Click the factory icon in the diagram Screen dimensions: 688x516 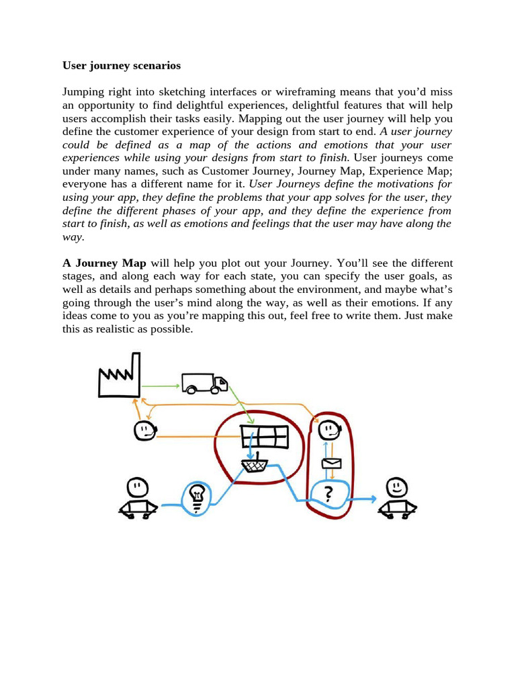coord(118,376)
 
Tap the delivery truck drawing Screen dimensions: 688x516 coord(204,384)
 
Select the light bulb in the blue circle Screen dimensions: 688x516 coord(198,497)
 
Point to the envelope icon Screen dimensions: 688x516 coord(331,464)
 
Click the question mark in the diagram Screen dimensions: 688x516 coord(328,495)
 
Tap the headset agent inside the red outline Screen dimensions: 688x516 coord(327,429)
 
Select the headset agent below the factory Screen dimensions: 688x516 coord(144,430)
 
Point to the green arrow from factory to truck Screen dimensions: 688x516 coord(161,386)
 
